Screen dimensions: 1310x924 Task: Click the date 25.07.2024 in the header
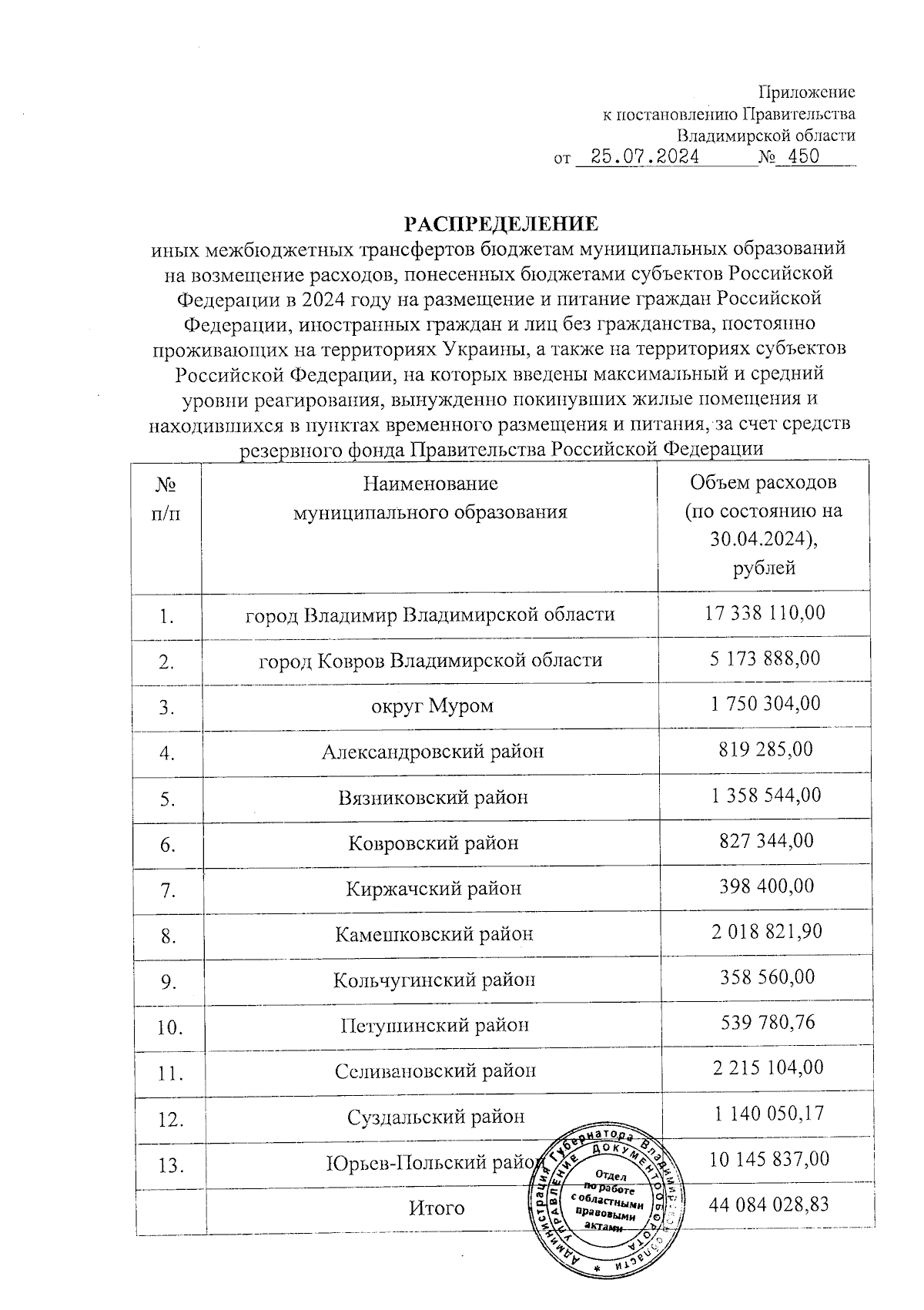pos(638,158)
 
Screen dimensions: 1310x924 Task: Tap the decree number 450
pos(798,158)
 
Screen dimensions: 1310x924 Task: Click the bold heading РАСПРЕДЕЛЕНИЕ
pos(501,224)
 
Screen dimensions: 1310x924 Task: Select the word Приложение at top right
pos(807,92)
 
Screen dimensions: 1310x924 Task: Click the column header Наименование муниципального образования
pos(430,498)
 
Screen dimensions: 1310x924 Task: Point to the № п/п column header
pos(166,498)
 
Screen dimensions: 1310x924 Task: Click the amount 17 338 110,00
pos(765,613)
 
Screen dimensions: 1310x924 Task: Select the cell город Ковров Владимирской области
pos(430,660)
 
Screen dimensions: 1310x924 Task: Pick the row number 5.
pos(166,799)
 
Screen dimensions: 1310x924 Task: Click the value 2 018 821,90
pos(765,931)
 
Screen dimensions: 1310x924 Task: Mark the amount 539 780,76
pos(765,1023)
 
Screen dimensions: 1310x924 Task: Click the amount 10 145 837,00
pos(768,1159)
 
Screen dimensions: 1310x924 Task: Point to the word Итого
pos(436,1208)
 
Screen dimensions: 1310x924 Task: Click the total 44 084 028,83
pos(768,1204)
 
